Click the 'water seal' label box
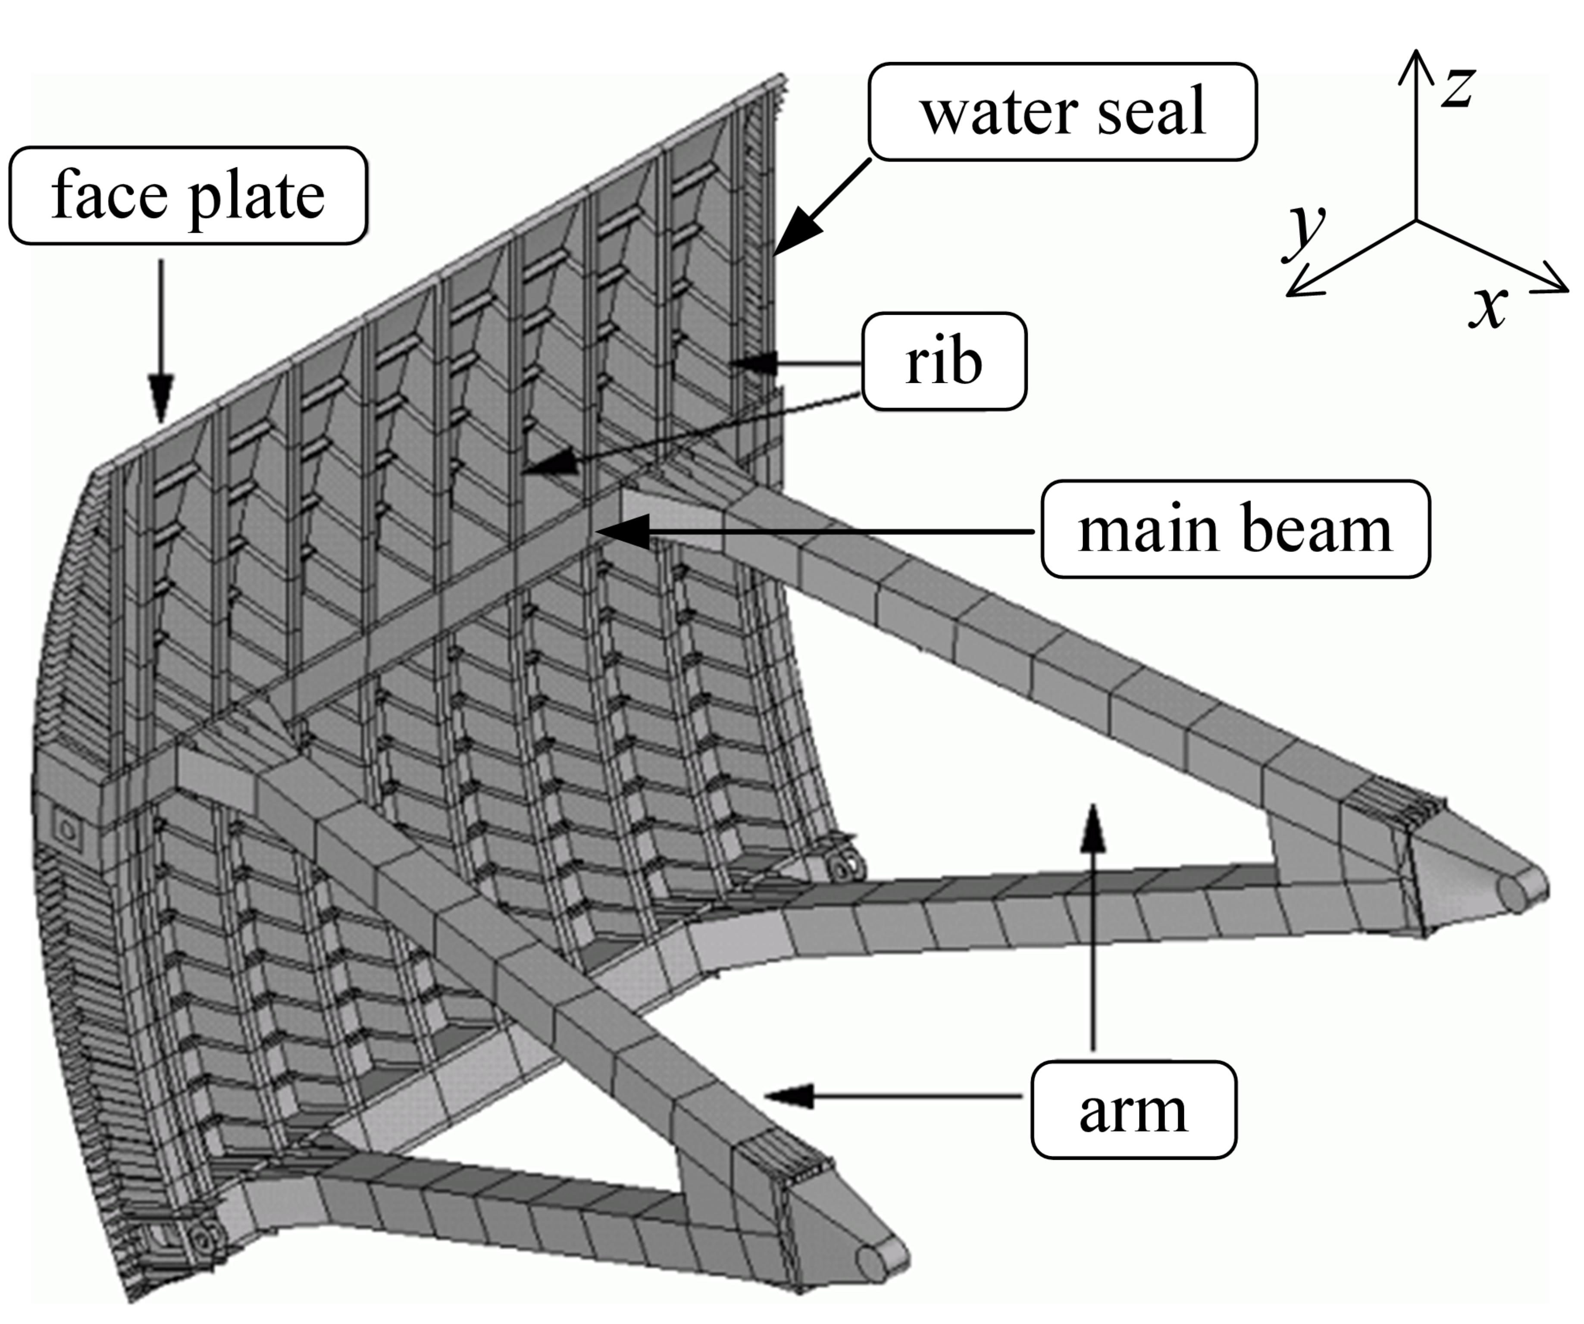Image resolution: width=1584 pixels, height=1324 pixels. click(1062, 112)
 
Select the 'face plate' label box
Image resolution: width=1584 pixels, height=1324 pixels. click(188, 195)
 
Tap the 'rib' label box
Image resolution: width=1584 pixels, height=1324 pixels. click(944, 361)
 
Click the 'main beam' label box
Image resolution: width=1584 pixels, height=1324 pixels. click(1235, 529)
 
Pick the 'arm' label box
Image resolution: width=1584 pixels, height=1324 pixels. click(1133, 1110)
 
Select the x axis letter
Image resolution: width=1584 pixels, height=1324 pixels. click(1487, 306)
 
